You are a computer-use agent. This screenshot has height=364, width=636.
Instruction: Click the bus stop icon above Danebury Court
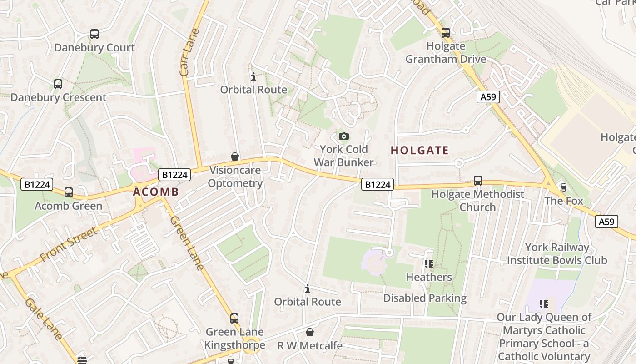coord(94,34)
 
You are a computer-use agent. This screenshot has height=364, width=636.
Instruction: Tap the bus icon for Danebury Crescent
coord(58,84)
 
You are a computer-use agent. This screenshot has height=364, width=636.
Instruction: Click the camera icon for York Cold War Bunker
coord(344,136)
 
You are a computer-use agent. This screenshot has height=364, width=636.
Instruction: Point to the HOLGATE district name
coord(420,151)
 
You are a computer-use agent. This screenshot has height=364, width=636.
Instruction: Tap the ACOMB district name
coord(156,192)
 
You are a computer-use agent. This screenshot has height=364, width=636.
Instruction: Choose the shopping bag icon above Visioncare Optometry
coord(235,157)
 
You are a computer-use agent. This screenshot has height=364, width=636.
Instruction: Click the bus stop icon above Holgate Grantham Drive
coord(446,33)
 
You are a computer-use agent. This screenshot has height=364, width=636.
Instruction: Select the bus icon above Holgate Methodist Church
coord(478,181)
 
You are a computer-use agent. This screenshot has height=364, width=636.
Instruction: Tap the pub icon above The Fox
coord(564,187)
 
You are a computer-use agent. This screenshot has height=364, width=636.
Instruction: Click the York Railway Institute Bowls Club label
coord(557,254)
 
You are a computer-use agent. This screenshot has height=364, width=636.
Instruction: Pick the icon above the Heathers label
coord(428,264)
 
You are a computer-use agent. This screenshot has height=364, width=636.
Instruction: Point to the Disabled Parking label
coord(425,298)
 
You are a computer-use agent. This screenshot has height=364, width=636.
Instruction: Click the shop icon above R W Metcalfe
coord(310,333)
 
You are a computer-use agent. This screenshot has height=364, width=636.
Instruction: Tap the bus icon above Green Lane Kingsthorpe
coord(234,318)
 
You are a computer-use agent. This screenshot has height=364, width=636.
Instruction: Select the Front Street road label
coord(69,245)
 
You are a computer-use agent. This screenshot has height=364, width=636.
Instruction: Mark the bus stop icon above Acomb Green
coord(69,192)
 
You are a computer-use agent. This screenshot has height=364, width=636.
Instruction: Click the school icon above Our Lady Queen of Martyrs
coord(544,304)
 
